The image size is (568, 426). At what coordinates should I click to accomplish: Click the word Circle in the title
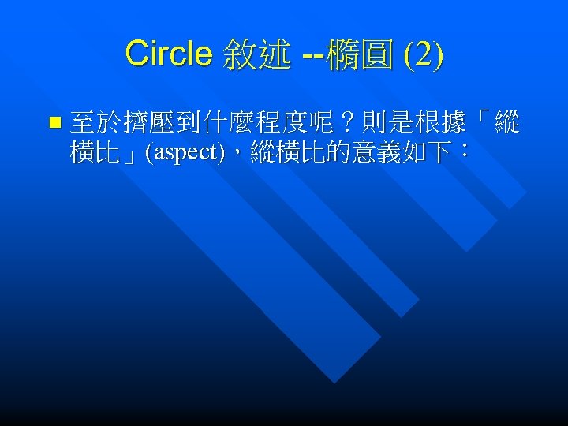[168, 54]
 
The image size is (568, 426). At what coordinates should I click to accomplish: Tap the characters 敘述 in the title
[256, 54]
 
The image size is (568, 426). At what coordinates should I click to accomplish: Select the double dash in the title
[312, 54]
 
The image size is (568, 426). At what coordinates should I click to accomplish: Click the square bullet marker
[54, 122]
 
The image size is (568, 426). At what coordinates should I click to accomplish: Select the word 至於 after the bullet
[95, 122]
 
